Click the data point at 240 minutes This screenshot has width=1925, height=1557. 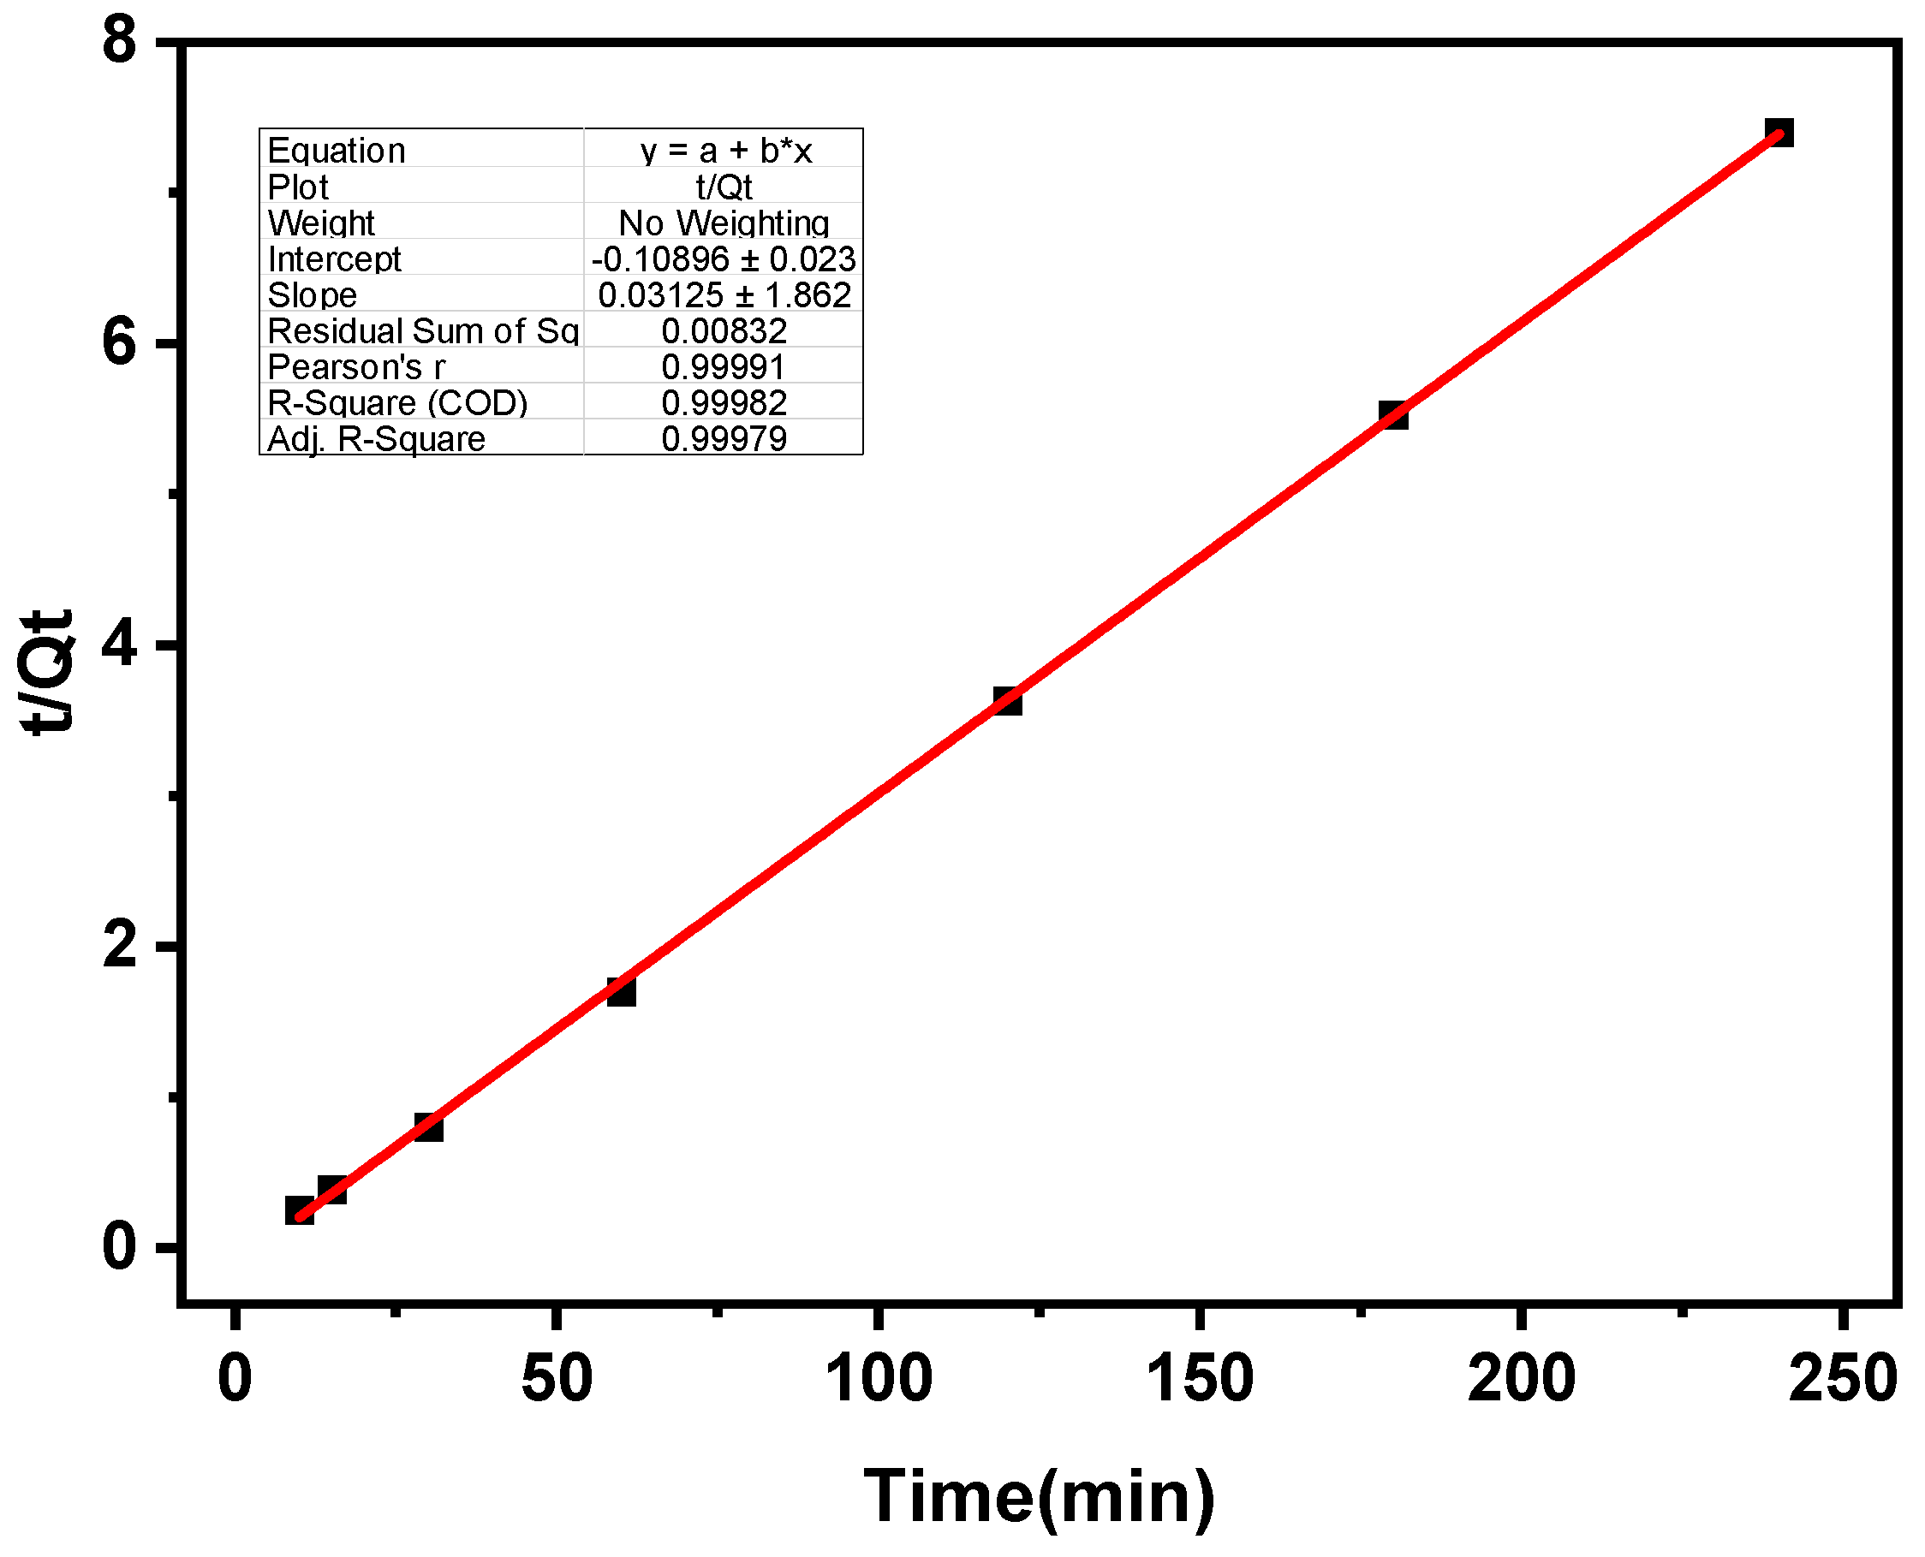[x=1779, y=134]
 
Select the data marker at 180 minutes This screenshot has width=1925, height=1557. [x=1393, y=415]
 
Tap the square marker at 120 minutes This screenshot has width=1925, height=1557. [x=1007, y=700]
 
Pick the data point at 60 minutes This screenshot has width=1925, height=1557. [x=621, y=992]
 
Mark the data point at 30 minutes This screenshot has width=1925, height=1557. [x=429, y=1127]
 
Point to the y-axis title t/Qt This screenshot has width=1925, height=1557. [x=46, y=673]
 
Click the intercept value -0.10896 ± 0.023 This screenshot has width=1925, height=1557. [x=723, y=259]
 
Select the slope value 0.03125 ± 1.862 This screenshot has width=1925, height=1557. [x=723, y=295]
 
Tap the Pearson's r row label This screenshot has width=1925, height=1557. [x=356, y=367]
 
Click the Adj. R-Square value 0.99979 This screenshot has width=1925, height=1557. [x=723, y=438]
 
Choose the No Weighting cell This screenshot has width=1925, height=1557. [x=723, y=223]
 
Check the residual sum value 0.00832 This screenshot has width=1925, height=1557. [x=723, y=331]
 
